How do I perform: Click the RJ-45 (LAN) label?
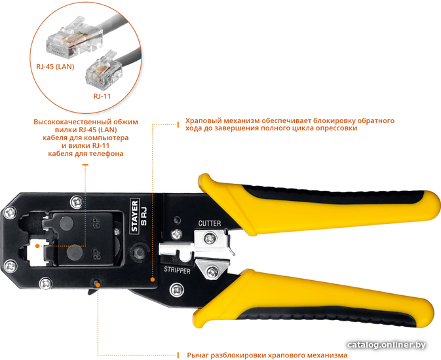click(x=55, y=67)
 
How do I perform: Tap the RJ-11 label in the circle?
click(x=102, y=96)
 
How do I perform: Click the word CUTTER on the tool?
click(x=210, y=223)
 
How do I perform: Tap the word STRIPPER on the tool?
click(x=177, y=270)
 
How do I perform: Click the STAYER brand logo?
click(x=135, y=216)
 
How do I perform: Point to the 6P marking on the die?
click(x=96, y=223)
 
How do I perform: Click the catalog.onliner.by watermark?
click(x=387, y=345)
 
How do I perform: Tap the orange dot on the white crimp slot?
click(x=37, y=246)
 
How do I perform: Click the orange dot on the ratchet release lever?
click(x=98, y=285)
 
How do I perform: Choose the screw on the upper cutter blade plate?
click(x=210, y=238)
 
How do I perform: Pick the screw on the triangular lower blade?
click(x=212, y=272)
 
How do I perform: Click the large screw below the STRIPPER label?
click(x=177, y=290)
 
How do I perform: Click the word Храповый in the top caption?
click(x=203, y=121)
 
